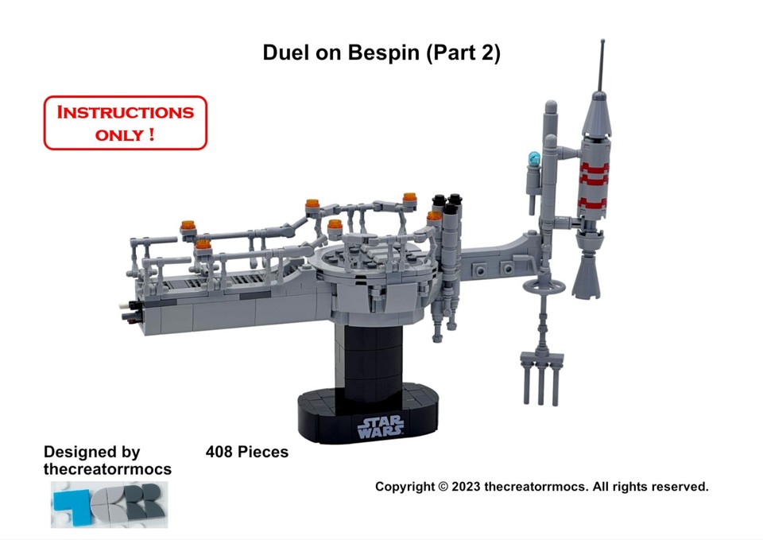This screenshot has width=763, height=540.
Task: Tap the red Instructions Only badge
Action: [x=126, y=122]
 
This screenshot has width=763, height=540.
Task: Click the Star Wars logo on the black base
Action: [x=381, y=426]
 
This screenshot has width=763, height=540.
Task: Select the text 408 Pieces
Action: [x=246, y=452]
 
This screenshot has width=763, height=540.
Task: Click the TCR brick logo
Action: [x=110, y=504]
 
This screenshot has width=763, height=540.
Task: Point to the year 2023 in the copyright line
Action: [x=466, y=487]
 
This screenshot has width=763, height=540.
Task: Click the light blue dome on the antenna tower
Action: [x=534, y=157]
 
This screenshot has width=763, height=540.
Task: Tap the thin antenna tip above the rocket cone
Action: [x=602, y=41]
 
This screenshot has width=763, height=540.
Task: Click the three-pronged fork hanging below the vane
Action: [x=541, y=378]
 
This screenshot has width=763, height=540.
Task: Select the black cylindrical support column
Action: [x=368, y=359]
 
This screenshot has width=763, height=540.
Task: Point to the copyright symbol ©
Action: [x=443, y=487]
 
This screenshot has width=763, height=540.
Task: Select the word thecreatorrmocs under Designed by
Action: [x=107, y=469]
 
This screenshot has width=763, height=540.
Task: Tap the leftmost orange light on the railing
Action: [x=188, y=225]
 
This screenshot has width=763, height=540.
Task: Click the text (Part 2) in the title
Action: [x=463, y=52]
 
